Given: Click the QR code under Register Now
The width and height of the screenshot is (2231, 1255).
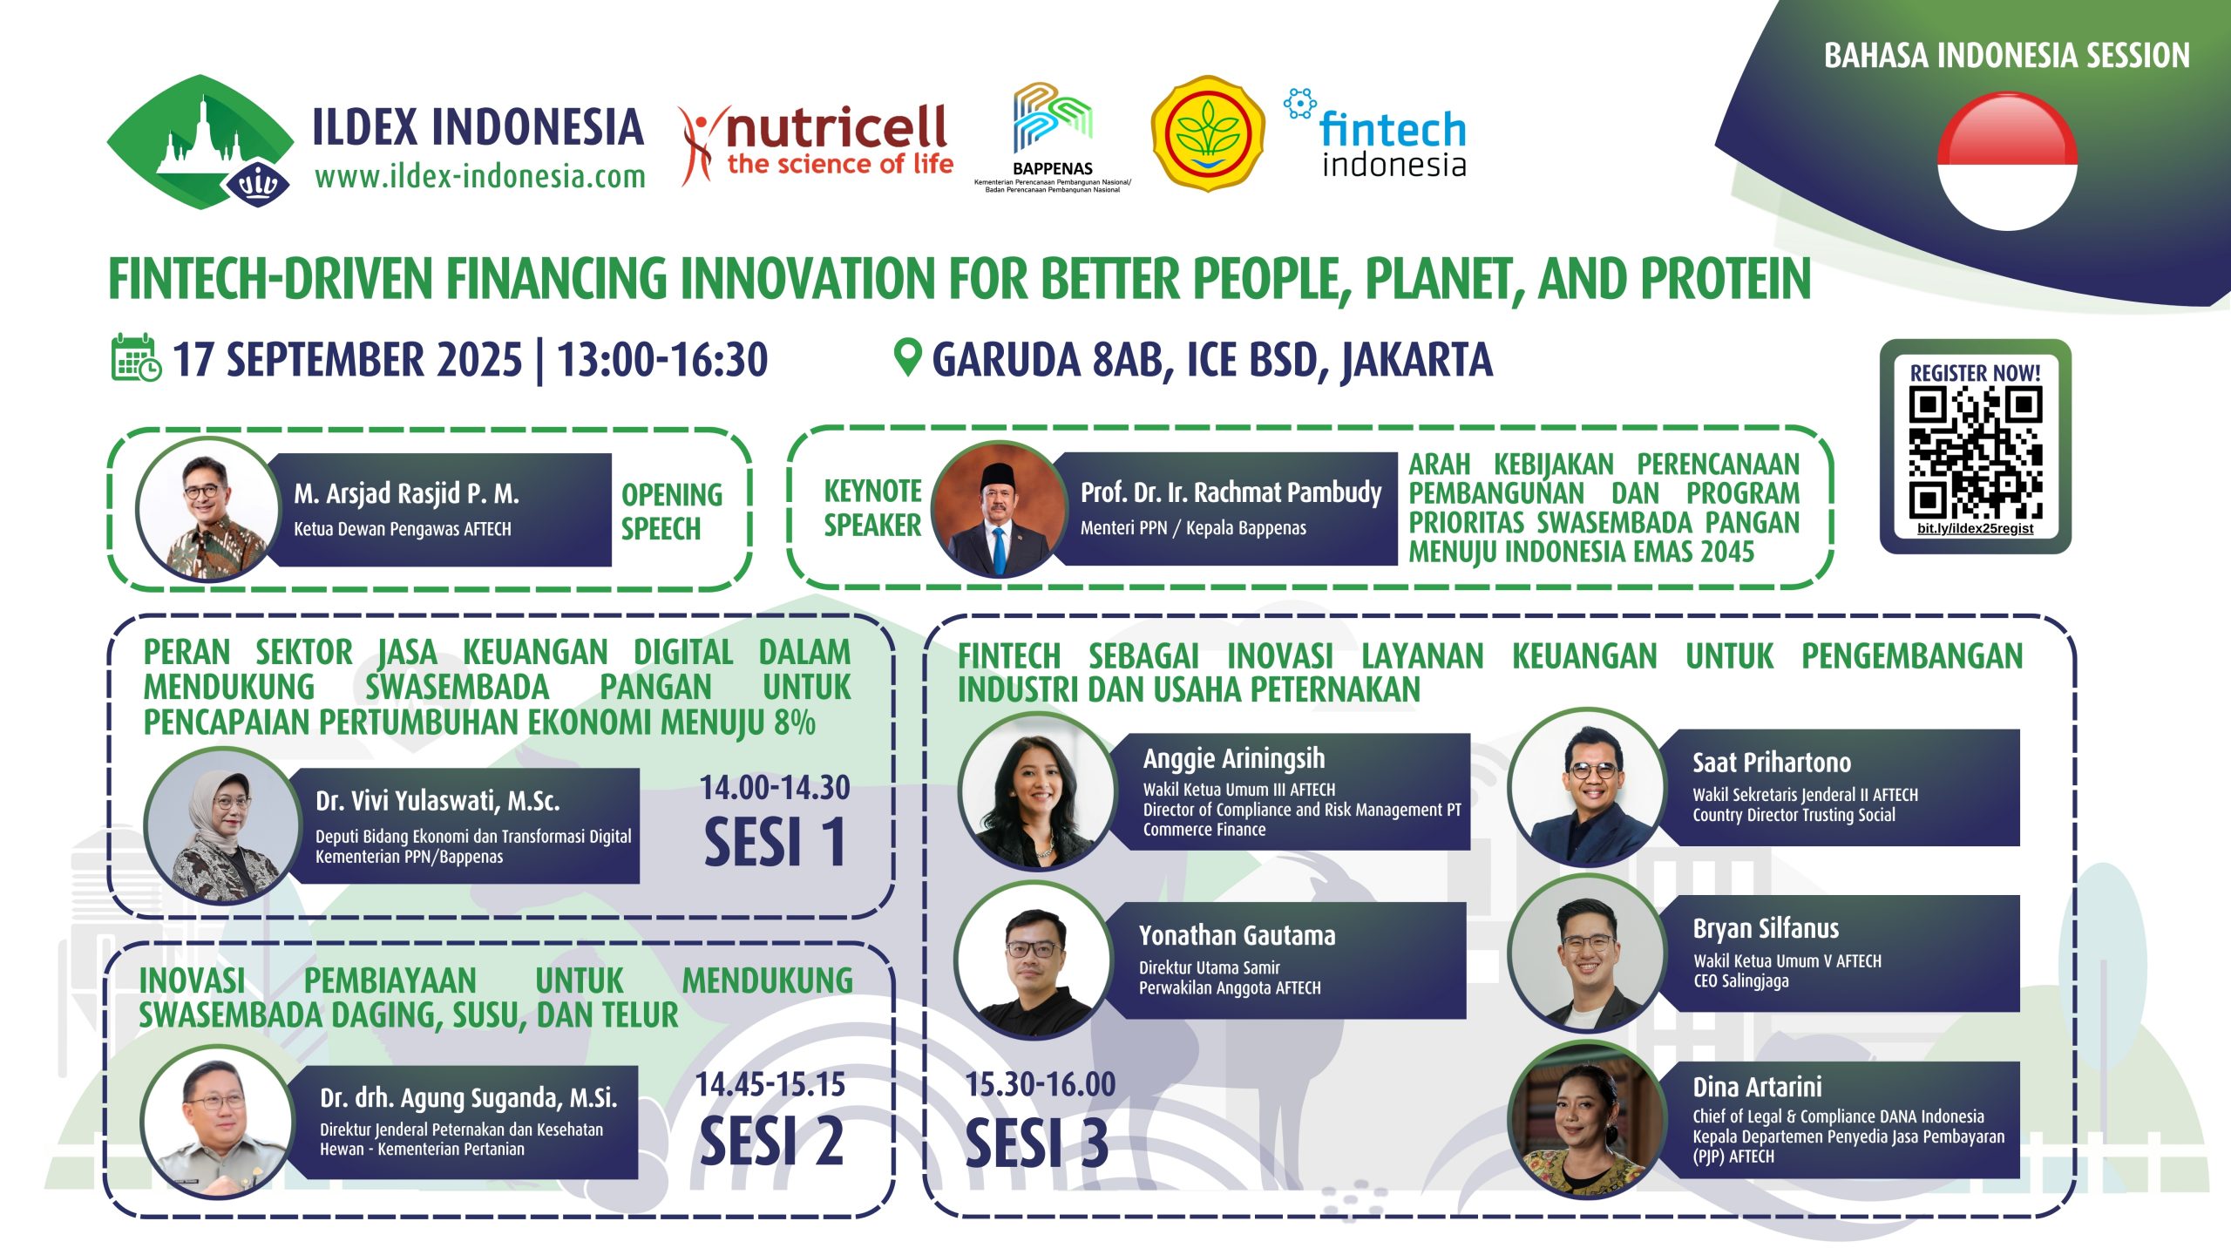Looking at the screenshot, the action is pyautogui.click(x=1975, y=453).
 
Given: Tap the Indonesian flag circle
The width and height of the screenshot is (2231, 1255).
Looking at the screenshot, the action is pyautogui.click(x=2007, y=162).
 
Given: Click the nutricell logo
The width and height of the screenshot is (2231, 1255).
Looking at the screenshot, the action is pyautogui.click(x=817, y=144).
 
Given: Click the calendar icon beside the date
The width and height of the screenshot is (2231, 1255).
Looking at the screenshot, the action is pyautogui.click(x=136, y=358).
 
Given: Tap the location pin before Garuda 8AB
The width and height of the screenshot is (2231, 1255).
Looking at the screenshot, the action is pyautogui.click(x=907, y=357).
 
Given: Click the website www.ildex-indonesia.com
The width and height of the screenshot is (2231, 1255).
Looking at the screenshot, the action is pyautogui.click(x=480, y=177).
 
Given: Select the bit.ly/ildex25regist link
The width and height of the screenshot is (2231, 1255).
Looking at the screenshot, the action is pyautogui.click(x=1975, y=528).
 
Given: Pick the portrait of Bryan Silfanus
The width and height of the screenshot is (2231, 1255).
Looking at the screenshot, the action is pyautogui.click(x=1586, y=953).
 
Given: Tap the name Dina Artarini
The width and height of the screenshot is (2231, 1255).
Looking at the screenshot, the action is pyautogui.click(x=1757, y=1087).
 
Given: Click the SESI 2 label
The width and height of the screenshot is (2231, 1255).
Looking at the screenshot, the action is pyautogui.click(x=772, y=1141).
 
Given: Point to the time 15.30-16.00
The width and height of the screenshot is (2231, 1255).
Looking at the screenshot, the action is pyautogui.click(x=1041, y=1084).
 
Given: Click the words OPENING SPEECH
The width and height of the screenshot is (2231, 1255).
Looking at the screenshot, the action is pyautogui.click(x=672, y=511).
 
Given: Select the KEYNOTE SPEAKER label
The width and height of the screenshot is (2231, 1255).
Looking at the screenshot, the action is pyautogui.click(x=872, y=508).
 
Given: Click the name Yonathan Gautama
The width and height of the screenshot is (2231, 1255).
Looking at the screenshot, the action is pyautogui.click(x=1237, y=935).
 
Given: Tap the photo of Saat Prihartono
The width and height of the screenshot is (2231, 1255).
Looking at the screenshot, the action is pyautogui.click(x=1587, y=787).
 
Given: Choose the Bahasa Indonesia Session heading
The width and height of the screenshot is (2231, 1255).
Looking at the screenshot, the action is pyautogui.click(x=2006, y=55).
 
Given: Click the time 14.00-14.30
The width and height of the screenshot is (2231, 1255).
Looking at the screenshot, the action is pyautogui.click(x=775, y=788).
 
